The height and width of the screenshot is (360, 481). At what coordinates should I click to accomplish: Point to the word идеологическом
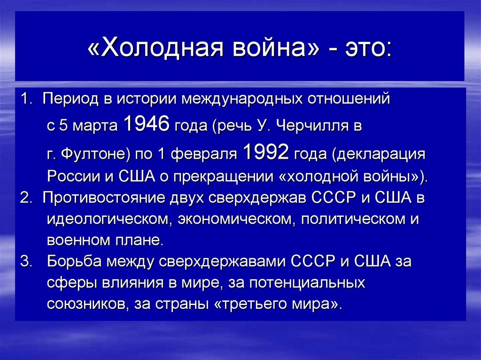[x=108, y=219]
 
